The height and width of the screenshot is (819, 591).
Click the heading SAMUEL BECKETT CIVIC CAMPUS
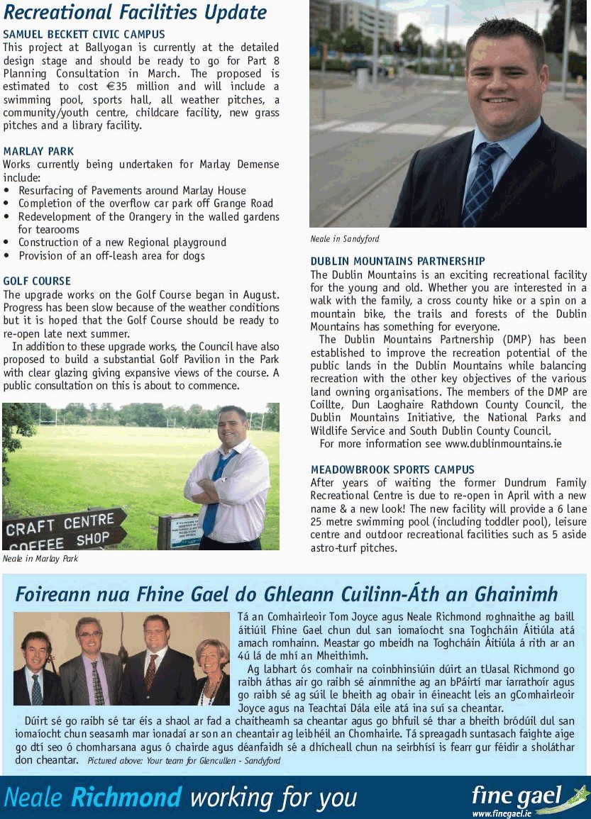[x=84, y=34]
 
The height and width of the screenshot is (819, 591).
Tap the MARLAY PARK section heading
[x=38, y=151]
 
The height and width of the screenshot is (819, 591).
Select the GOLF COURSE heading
[x=37, y=281]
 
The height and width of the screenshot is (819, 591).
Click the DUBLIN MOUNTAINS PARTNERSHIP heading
[x=397, y=262]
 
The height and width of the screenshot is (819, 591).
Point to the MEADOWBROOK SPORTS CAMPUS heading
[x=392, y=469]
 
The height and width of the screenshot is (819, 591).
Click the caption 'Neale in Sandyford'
[x=345, y=239]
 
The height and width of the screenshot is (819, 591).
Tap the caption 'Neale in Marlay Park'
[x=40, y=559]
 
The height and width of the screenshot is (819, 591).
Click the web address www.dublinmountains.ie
[x=503, y=444]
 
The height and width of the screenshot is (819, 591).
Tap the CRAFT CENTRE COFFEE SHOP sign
[x=64, y=530]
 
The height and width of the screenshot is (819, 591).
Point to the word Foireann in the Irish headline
[x=53, y=594]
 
